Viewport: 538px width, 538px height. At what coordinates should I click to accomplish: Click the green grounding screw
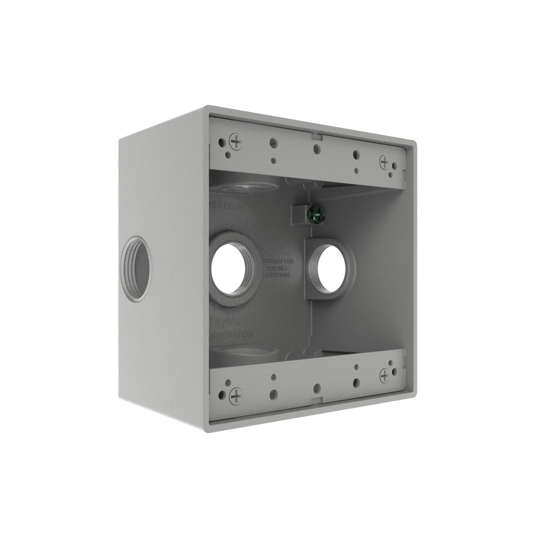click(x=316, y=213)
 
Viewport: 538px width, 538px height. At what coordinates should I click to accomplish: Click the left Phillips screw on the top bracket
click(x=236, y=141)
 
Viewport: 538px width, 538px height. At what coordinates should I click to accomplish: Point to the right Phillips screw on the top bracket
click(x=385, y=161)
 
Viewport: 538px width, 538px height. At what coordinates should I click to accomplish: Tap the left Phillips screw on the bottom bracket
click(x=236, y=396)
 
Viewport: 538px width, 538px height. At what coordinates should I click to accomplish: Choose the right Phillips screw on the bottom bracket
click(x=385, y=375)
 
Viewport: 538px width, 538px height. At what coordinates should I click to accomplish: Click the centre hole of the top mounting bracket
click(x=316, y=149)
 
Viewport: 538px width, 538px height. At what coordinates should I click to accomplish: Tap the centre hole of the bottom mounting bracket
click(x=316, y=388)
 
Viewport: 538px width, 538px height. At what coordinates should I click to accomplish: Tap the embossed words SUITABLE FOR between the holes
click(x=277, y=261)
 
